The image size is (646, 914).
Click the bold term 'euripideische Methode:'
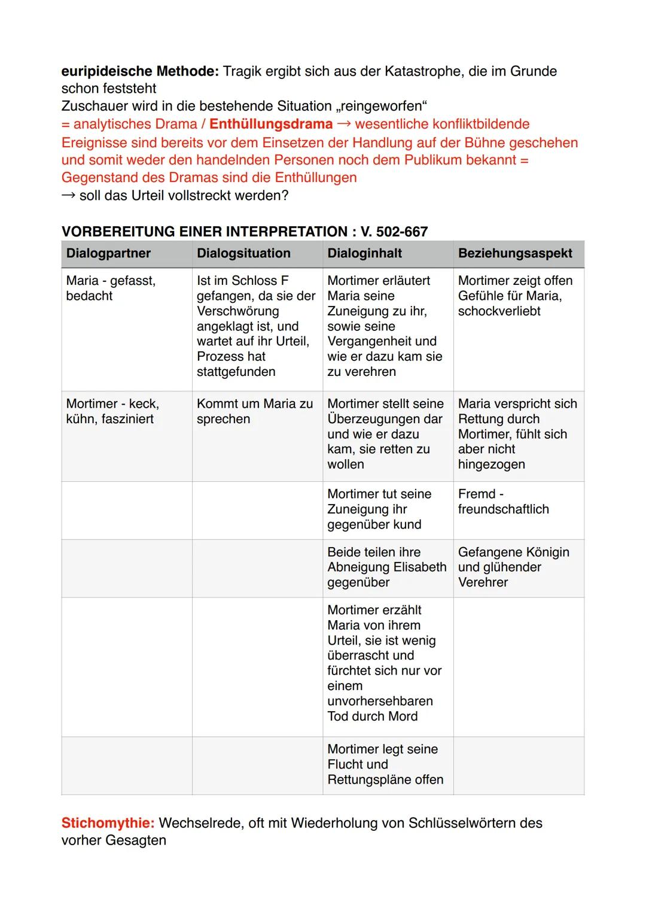pyautogui.click(x=140, y=71)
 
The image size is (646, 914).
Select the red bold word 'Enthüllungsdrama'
pyautogui.click(x=271, y=124)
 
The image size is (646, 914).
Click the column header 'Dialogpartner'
pyautogui.click(x=108, y=253)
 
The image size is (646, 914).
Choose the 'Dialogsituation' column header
pyautogui.click(x=243, y=253)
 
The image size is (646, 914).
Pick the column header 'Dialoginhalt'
pyautogui.click(x=364, y=253)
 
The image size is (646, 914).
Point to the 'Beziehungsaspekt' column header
pyautogui.click(x=515, y=253)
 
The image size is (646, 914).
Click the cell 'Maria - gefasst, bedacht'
pyautogui.click(x=111, y=288)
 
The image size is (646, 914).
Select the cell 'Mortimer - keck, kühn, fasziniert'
pyautogui.click(x=112, y=411)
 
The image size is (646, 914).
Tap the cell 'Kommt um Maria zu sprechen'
pyautogui.click(x=254, y=411)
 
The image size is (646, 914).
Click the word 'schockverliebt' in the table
pyautogui.click(x=499, y=311)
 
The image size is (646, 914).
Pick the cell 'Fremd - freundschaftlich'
pyautogui.click(x=503, y=502)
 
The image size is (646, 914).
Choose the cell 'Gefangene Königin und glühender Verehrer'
pyautogui.click(x=513, y=567)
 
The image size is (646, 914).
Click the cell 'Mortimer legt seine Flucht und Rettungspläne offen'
pyautogui.click(x=385, y=764)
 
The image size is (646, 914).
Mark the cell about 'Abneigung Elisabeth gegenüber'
pyautogui.click(x=386, y=567)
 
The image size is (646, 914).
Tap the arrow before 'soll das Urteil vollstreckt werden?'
pyautogui.click(x=69, y=196)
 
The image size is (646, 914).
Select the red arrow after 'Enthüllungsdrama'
pyautogui.click(x=344, y=124)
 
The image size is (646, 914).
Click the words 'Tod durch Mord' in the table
pyautogui.click(x=372, y=716)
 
